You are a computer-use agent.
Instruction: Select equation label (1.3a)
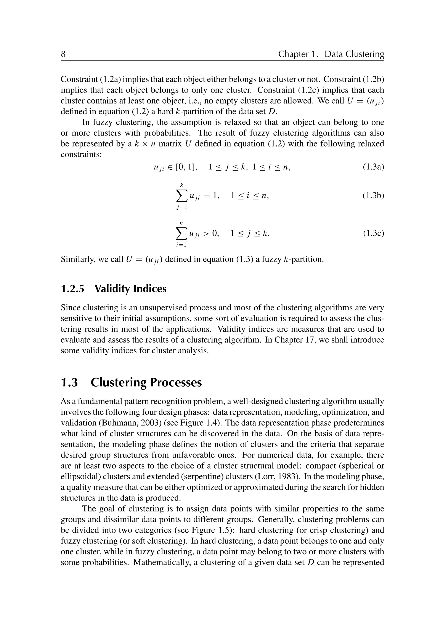(373, 167)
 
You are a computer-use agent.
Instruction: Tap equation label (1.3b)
(373, 196)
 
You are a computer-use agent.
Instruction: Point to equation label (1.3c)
(373, 234)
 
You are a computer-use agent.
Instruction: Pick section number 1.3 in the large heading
(69, 382)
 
